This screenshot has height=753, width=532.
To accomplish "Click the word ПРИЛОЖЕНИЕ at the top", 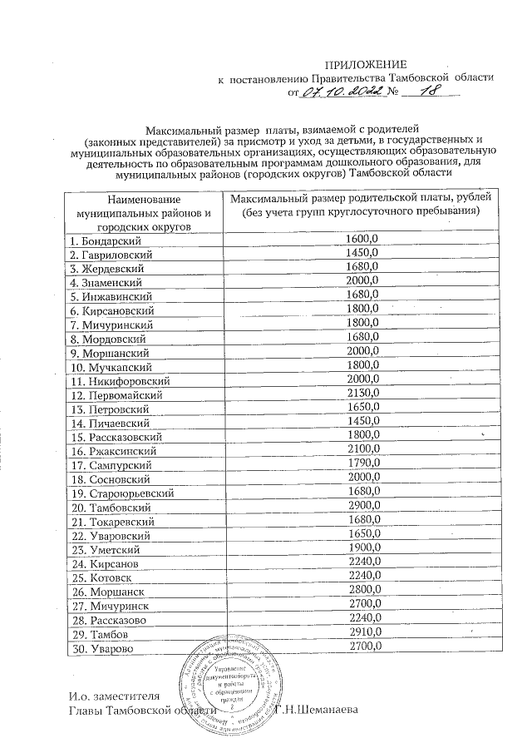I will tap(366, 64).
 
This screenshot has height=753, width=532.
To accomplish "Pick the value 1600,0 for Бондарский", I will tap(362, 240).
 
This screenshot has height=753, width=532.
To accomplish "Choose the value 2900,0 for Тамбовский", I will tap(362, 507).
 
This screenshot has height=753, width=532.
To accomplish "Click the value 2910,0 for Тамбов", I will tap(362, 634).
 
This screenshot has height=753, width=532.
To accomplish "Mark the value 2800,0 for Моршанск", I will tap(362, 592).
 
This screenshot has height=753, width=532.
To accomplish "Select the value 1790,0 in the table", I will tap(362, 464).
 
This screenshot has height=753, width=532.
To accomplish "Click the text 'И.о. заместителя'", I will tap(113, 695).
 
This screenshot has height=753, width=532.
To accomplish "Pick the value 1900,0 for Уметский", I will tap(362, 549).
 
